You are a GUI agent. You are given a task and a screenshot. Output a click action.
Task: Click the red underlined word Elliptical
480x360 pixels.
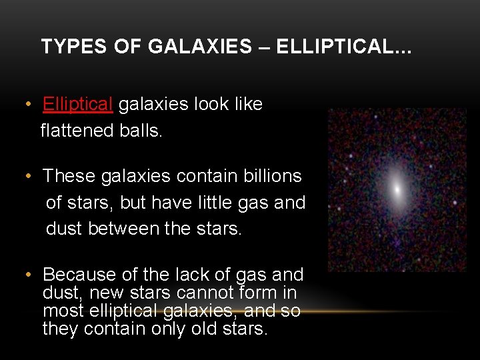pyautogui.click(x=78, y=104)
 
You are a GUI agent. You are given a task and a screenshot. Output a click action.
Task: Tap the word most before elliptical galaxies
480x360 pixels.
pyautogui.click(x=64, y=311)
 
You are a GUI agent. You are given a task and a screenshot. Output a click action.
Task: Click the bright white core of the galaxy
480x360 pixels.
pyautogui.click(x=397, y=191)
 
